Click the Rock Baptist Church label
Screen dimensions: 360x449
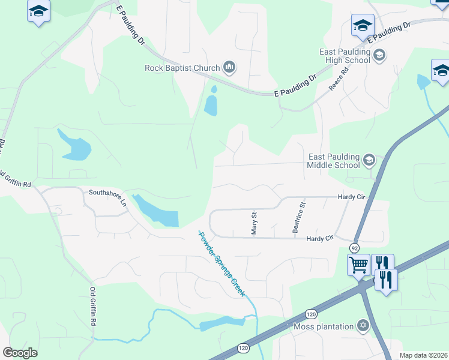tap(182, 68)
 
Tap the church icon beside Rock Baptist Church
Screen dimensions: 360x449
tap(229, 67)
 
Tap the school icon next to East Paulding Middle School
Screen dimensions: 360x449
tap(368, 160)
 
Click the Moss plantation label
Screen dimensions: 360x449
tap(323, 326)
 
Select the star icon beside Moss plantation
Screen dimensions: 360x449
tap(362, 326)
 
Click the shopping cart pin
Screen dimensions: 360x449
tap(359, 263)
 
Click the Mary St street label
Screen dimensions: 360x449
tap(254, 222)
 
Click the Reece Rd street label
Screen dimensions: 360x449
tap(339, 81)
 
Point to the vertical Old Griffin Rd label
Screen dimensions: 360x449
tap(93, 307)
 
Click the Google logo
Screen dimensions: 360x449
tap(20, 353)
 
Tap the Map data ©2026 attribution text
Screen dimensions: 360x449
tap(423, 355)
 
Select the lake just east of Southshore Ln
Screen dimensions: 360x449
tap(157, 211)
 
